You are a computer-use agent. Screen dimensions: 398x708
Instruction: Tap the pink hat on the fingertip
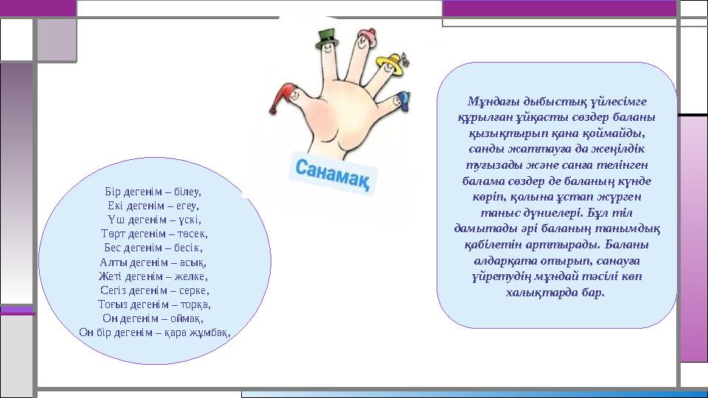pos(363,38)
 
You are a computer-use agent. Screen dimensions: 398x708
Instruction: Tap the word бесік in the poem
pos(187,248)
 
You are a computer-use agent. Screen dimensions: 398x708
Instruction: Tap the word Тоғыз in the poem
pos(114,304)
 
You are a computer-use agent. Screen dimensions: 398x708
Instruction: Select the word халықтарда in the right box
pos(549,293)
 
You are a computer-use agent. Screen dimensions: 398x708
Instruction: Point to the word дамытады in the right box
pos(479,229)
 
